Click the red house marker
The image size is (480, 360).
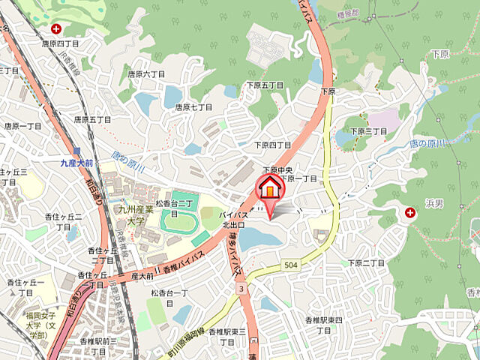coord(271,187)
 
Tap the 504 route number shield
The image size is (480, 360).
coord(292,265)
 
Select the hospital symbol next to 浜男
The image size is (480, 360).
coord(410,214)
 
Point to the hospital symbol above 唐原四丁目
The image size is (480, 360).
coord(57,29)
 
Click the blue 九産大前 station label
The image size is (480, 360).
coord(77,162)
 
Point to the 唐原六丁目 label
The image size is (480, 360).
coord(145,74)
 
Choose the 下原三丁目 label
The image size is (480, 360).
coord(367,131)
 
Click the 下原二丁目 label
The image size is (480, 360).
coord(366,262)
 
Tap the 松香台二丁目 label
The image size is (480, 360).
coord(175,203)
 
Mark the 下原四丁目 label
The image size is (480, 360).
coord(272,145)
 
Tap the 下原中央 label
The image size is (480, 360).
coord(277,171)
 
